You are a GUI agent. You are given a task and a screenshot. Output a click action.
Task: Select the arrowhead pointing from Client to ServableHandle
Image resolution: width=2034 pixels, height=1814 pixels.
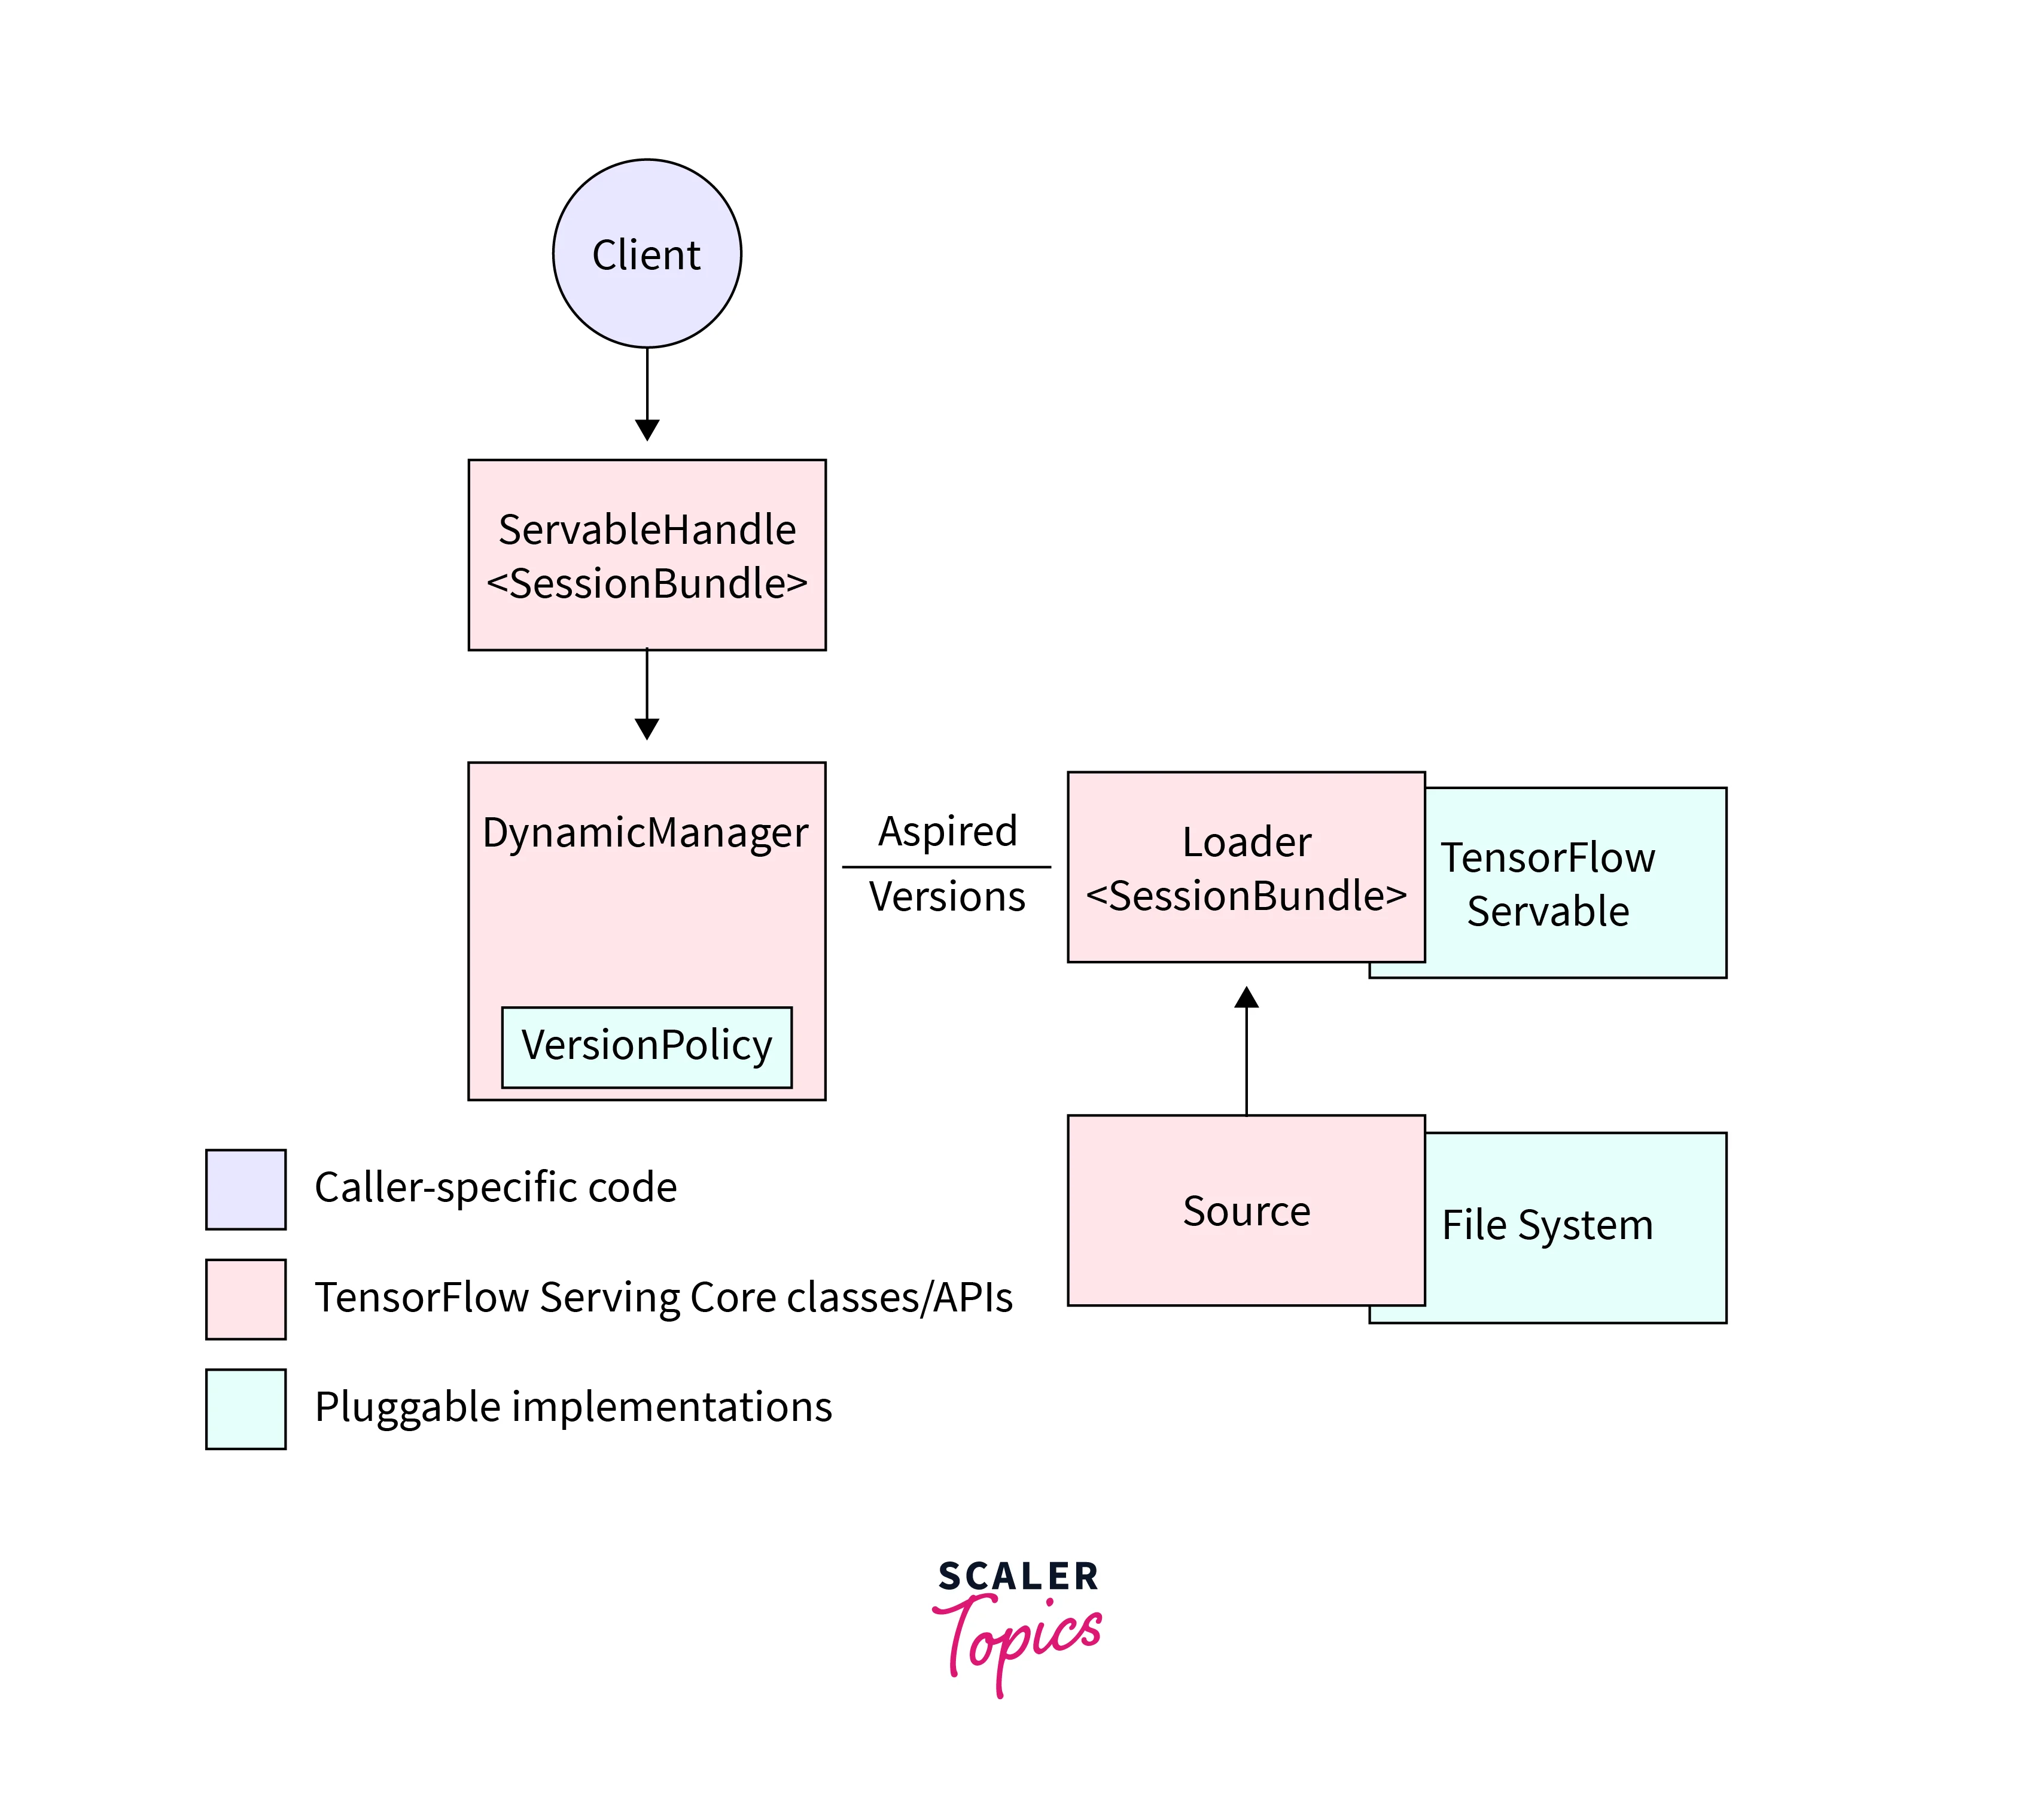pos(647,430)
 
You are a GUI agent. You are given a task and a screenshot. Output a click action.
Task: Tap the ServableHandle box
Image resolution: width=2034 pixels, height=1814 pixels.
pos(647,555)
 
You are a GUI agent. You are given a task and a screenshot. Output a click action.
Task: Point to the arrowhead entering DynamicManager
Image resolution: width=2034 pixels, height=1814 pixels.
pos(647,729)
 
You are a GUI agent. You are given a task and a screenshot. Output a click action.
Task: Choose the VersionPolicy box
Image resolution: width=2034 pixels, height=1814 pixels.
pos(647,1046)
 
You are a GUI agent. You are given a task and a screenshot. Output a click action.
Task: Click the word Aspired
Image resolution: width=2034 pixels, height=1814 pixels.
pos(947,831)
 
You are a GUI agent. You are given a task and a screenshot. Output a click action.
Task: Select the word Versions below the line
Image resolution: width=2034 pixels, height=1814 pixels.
pos(947,897)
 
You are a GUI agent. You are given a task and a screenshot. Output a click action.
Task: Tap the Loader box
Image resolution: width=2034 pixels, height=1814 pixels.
pos(1246,867)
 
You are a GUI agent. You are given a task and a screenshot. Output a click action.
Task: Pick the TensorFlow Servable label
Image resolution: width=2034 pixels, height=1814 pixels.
pos(1548,884)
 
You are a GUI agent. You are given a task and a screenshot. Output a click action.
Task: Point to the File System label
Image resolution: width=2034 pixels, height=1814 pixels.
pos(1548,1225)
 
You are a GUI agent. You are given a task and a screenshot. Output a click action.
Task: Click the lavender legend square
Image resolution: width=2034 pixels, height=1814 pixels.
pos(245,1189)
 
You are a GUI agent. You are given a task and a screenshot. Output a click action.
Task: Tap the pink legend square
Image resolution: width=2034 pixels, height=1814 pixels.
pos(245,1299)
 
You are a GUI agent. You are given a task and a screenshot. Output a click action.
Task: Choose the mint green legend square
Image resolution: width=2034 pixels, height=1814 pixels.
pos(245,1408)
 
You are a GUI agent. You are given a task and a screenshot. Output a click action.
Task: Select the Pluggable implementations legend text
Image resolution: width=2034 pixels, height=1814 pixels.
pos(573,1407)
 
